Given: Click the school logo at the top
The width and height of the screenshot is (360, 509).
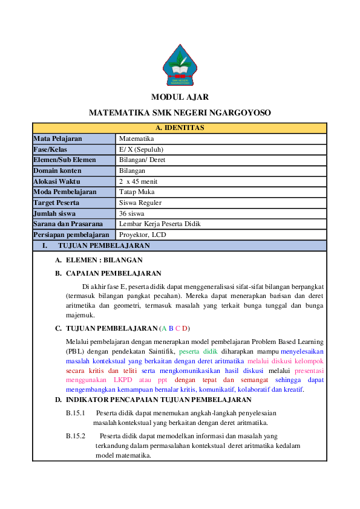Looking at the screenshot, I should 180,66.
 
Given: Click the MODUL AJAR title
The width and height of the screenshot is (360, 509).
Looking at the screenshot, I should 180,97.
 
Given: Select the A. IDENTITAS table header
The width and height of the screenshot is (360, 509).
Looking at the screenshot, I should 180,128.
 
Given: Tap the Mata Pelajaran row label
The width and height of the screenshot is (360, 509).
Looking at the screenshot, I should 58,139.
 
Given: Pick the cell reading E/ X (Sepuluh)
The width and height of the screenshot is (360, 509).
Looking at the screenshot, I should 141,149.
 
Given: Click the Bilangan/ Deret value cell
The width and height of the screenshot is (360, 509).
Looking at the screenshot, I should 142,160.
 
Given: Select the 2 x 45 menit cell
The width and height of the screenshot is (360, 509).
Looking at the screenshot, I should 139,181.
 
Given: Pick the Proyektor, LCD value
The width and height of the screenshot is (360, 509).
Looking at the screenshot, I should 142,235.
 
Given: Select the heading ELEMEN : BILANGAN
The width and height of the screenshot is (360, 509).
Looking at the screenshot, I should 103,260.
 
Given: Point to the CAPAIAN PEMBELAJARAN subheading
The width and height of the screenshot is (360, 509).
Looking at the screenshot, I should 113,273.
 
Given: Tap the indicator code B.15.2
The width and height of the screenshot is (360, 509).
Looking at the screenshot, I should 76,435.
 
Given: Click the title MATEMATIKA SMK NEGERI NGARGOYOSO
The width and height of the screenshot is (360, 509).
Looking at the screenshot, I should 180,113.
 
